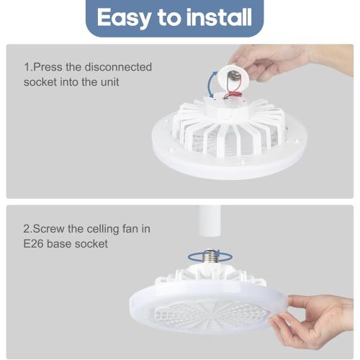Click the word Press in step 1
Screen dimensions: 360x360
[51, 67]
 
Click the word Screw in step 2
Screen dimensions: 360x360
[51, 229]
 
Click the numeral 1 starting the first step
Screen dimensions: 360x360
[27, 67]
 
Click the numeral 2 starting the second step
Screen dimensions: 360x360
[27, 229]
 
